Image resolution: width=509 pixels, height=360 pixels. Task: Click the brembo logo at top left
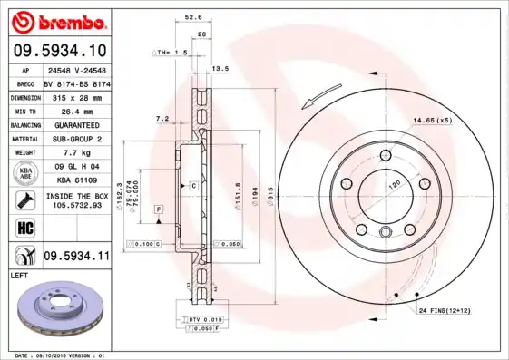pyautogui.click(x=58, y=21)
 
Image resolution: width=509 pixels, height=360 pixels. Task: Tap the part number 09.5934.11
pyautogui.click(x=76, y=257)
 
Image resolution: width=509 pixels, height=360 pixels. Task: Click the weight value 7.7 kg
pyautogui.click(x=76, y=153)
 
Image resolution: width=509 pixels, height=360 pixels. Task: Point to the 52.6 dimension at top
pyautogui.click(x=192, y=15)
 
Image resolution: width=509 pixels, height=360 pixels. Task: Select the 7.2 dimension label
pyautogui.click(x=162, y=119)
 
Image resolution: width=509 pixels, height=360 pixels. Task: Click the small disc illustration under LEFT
pyautogui.click(x=63, y=307)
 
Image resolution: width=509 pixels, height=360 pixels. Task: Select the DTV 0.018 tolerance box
pyautogui.click(x=198, y=320)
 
